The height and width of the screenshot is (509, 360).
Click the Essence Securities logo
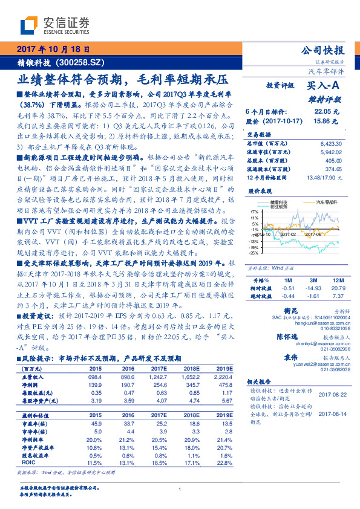[54, 25]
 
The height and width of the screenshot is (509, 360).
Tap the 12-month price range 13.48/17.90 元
[321, 178]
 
